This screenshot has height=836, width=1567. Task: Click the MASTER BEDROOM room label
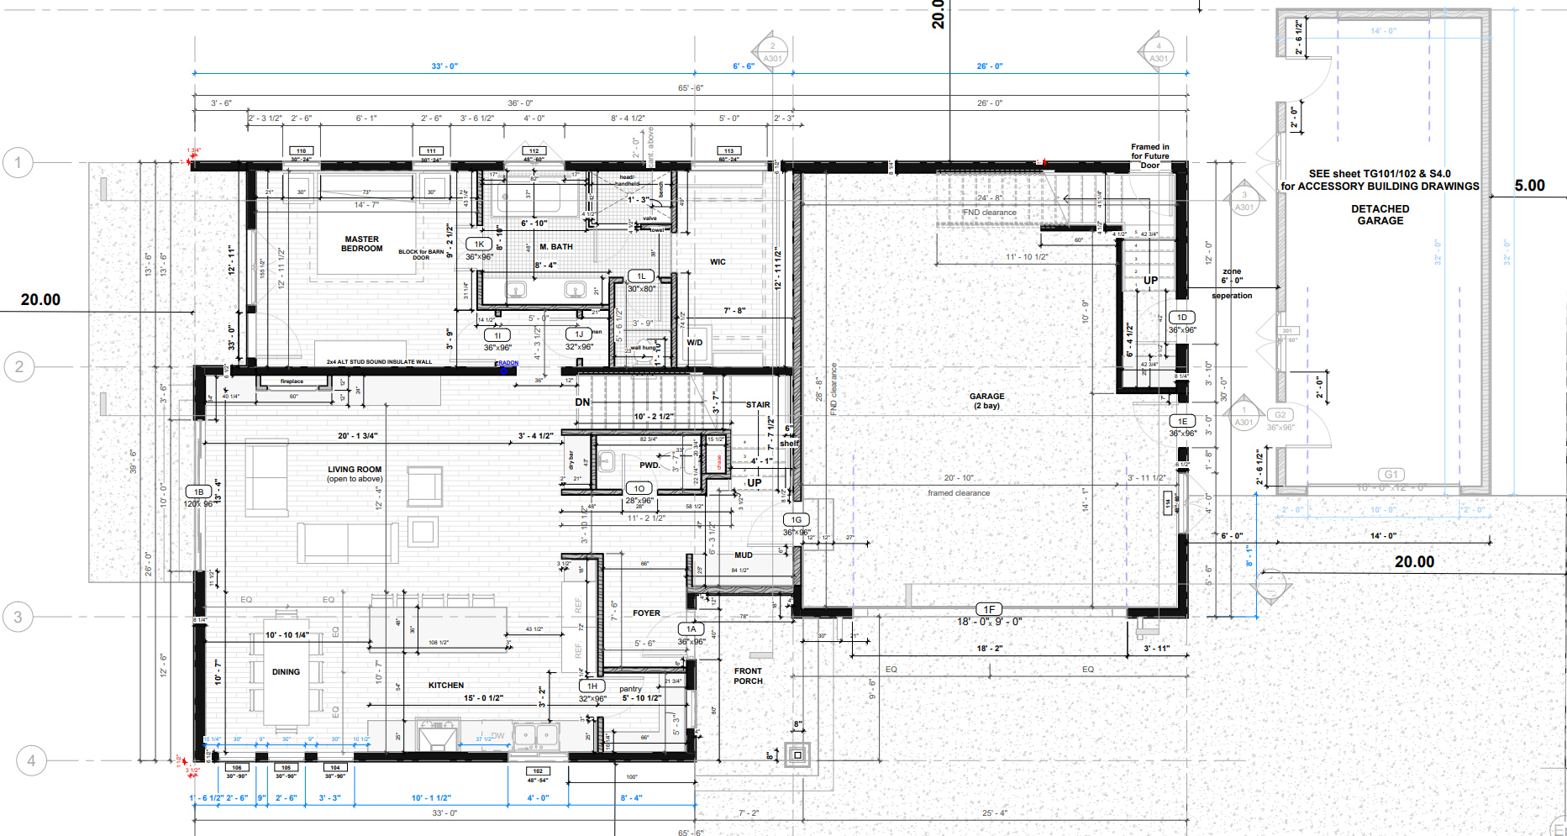point(361,244)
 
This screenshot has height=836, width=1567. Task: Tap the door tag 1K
point(479,244)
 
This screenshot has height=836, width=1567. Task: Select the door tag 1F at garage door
point(989,609)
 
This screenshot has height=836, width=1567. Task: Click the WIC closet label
point(718,262)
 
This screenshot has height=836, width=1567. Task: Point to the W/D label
point(695,343)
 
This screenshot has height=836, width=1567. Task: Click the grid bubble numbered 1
point(18,162)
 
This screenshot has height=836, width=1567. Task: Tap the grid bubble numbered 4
point(31,760)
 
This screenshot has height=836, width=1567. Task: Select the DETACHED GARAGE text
point(1380,215)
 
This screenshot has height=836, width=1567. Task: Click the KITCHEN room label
point(446,686)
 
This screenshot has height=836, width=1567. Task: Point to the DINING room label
point(286,672)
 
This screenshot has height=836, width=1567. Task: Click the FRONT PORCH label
point(748,676)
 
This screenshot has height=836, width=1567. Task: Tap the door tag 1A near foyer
point(691,628)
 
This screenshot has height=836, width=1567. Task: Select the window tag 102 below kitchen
point(538,770)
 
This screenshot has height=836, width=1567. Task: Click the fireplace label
point(292,381)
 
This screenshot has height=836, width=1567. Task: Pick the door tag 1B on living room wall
point(199,492)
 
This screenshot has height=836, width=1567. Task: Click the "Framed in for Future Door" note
point(1149,156)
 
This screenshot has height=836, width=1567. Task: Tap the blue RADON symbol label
point(507,364)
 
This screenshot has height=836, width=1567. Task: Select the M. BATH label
point(556,247)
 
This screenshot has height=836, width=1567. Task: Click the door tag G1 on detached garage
point(1391,475)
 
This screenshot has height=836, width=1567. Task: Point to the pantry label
point(630,689)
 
